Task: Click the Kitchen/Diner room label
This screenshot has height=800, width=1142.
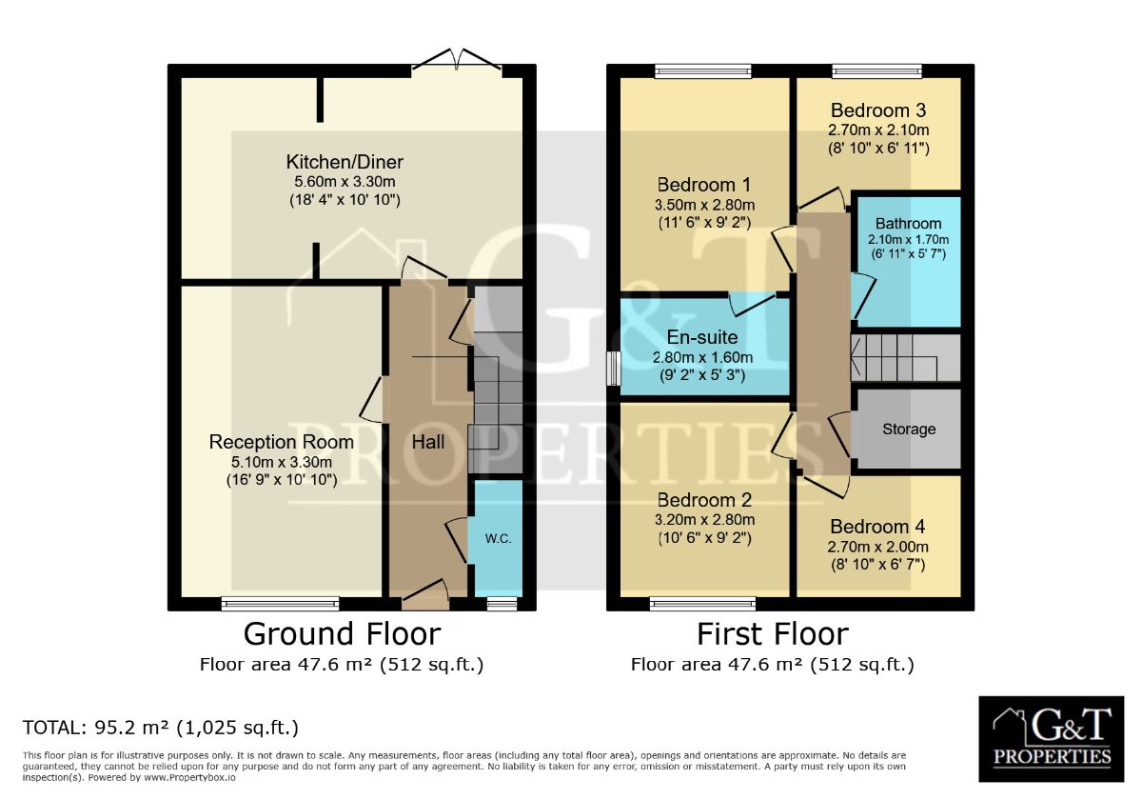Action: tap(345, 162)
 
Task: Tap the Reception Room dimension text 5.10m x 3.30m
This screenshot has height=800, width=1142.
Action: tap(282, 462)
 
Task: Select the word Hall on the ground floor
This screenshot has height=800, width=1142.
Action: tap(427, 442)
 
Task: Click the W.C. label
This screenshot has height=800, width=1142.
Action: tap(498, 539)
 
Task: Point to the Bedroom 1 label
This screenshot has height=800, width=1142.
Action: tap(703, 185)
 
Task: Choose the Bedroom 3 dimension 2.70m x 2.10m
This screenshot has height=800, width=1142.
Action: tap(878, 130)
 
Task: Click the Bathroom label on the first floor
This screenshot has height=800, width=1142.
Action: tap(909, 224)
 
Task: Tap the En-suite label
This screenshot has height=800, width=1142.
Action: tap(702, 337)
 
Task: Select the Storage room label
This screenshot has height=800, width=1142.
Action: tap(909, 430)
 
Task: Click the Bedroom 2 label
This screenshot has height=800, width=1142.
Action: tap(704, 500)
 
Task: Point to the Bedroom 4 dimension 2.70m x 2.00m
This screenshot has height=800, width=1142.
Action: tap(877, 547)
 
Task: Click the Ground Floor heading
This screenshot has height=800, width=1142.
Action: tap(342, 634)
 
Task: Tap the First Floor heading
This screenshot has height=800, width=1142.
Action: tap(773, 634)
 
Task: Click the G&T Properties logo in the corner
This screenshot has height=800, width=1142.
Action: tap(1052, 739)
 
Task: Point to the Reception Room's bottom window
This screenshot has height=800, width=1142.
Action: tap(281, 604)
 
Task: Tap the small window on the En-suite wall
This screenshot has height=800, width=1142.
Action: tap(614, 368)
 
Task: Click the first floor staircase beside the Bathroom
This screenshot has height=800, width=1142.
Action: tap(905, 358)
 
